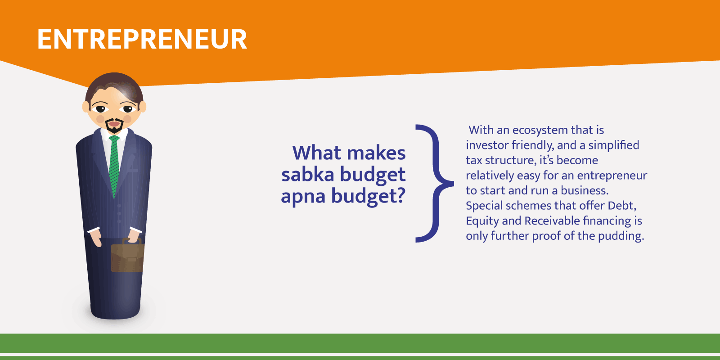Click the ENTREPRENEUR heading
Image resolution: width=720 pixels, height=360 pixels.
click(142, 39)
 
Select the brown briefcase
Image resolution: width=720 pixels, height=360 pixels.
click(127, 256)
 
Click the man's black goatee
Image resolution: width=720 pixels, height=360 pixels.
click(114, 126)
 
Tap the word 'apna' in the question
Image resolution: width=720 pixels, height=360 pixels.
click(303, 196)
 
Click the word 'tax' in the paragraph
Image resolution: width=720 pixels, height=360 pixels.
click(473, 160)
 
